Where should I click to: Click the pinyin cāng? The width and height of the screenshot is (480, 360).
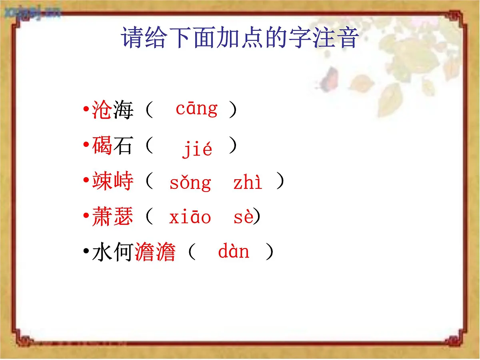pos(196,110)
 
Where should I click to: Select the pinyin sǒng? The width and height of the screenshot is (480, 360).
pos(190,183)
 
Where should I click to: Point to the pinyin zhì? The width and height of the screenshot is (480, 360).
pos(248,182)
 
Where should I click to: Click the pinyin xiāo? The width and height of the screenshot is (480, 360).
pos(190,218)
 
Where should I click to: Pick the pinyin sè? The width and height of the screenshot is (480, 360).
pos(243,218)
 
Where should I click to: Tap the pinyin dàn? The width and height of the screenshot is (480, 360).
pos(234,252)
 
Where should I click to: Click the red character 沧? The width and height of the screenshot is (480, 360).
pos(102,110)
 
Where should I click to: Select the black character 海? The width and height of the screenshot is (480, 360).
pos(123,110)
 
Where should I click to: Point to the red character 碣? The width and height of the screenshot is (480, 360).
pos(102,146)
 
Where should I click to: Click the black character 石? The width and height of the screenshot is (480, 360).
pos(123,146)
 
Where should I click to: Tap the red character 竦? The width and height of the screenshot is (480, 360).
pos(102,182)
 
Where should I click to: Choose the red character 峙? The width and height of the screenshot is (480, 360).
pos(123,182)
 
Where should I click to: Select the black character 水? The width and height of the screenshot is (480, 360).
pos(102,253)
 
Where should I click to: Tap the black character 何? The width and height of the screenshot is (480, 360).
pos(123,253)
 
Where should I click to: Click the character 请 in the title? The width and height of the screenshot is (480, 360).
pos(133,38)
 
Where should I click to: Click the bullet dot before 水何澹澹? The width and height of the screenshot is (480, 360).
pos(86,252)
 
